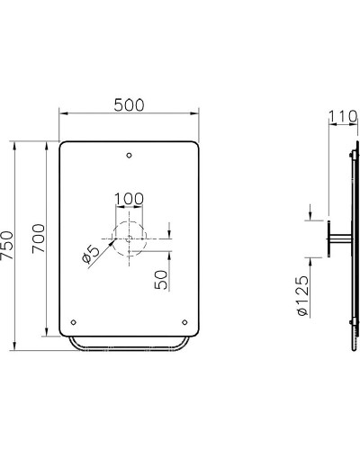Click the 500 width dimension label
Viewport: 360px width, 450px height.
click(x=130, y=104)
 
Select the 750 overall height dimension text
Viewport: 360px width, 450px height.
click(x=7, y=245)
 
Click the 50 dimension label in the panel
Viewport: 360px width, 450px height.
click(x=160, y=278)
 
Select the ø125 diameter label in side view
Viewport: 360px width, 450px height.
click(x=303, y=296)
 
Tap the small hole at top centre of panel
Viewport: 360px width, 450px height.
click(x=130, y=155)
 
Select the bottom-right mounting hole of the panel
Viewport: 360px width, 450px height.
click(x=185, y=321)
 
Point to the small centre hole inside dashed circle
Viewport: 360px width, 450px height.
click(x=130, y=238)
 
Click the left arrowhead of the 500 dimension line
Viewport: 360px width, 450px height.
click(x=62, y=113)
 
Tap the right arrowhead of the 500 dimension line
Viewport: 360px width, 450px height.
click(x=197, y=113)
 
